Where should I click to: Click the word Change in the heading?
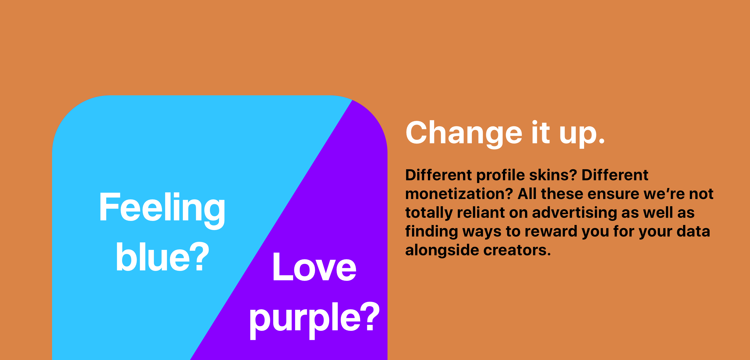click(x=464, y=133)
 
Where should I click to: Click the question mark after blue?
click(x=199, y=256)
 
